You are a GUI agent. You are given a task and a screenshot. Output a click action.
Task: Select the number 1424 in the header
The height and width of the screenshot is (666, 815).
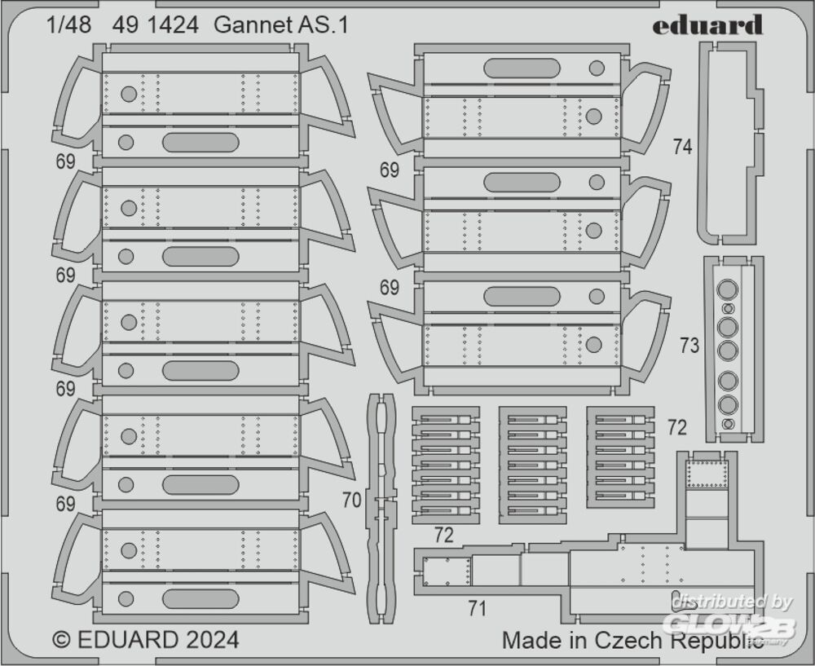172,25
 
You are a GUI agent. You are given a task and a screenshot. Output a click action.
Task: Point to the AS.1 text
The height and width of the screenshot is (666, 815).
324,25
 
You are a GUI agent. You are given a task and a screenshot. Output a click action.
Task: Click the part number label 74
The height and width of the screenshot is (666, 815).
683,147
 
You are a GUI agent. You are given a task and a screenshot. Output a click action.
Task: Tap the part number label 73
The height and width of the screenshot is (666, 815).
689,346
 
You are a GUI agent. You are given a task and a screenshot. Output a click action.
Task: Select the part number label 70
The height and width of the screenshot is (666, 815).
351,501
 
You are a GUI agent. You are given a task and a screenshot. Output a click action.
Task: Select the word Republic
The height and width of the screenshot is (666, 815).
716,641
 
